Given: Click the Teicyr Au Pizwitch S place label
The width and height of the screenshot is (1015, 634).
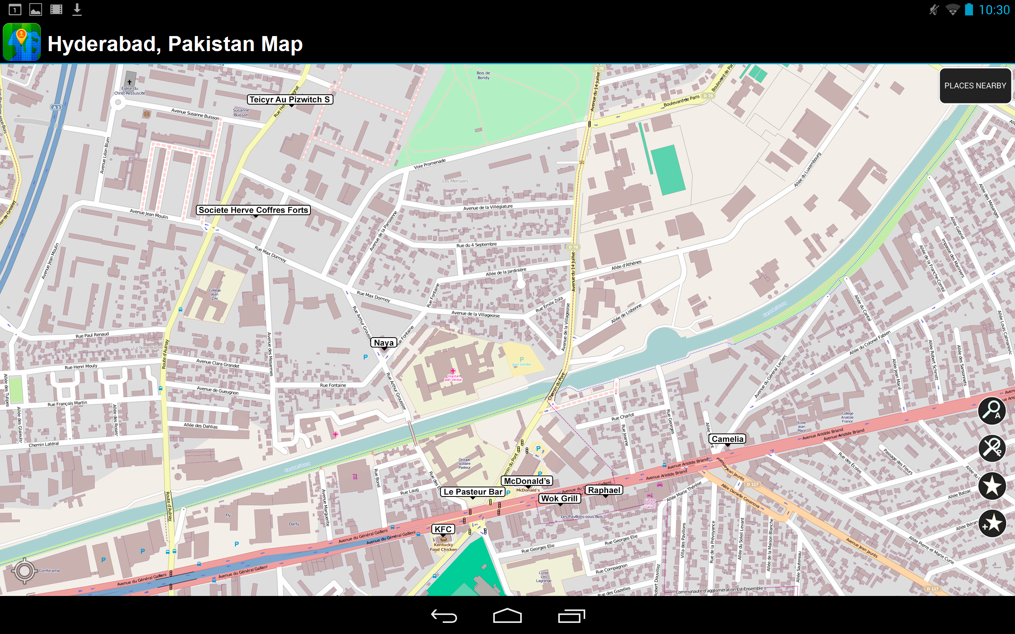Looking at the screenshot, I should (290, 99).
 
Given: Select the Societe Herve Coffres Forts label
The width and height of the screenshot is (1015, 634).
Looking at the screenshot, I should (253, 210).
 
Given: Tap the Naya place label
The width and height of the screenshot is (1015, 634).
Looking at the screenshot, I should (384, 343).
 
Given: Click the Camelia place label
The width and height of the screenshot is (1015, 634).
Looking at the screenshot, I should (727, 439).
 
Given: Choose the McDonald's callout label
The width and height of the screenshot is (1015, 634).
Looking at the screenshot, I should (527, 481).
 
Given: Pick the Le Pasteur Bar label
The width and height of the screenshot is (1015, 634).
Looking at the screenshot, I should (473, 492).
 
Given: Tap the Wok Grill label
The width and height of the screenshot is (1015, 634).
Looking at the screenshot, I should (559, 498).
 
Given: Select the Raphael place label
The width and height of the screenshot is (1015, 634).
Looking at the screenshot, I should (604, 490).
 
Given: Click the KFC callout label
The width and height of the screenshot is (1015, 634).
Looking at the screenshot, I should (443, 529).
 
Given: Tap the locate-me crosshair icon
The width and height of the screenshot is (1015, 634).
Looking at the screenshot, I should (24, 571).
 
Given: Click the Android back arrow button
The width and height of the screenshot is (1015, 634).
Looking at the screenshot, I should (444, 615).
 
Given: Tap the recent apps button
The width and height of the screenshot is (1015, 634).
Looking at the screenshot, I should (571, 615).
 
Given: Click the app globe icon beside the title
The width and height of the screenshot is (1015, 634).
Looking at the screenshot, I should (22, 42).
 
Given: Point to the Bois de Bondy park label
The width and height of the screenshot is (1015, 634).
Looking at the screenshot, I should (483, 75).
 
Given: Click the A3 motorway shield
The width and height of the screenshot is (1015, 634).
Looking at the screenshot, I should (56, 107).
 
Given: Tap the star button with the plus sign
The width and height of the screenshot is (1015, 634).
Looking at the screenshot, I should (992, 523).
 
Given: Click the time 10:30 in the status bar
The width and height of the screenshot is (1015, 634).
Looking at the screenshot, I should (994, 10).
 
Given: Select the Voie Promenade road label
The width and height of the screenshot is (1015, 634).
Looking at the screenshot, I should (429, 164).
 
